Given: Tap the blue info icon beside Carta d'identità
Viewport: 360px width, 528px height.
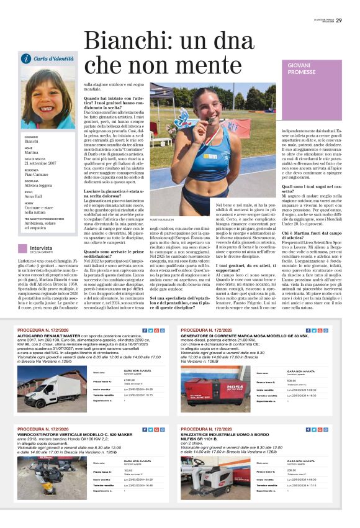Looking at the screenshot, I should pyautogui.click(x=26, y=58).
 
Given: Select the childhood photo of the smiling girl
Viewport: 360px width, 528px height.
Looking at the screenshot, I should pyautogui.click(x=48, y=98).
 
